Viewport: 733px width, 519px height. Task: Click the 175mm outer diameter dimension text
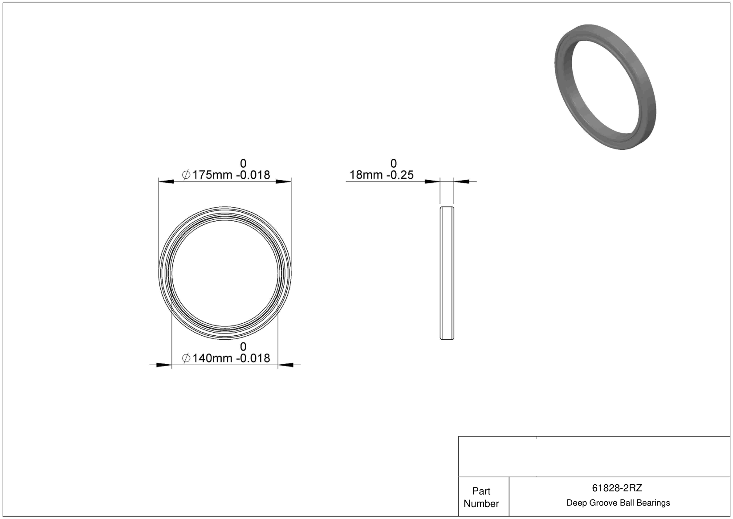tap(212, 175)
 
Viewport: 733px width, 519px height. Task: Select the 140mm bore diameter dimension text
tap(212, 358)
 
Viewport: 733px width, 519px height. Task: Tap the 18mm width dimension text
tap(366, 175)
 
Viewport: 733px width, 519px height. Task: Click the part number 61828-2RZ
tap(617, 488)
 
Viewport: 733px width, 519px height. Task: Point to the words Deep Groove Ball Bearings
tap(618, 503)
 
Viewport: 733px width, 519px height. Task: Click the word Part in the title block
tap(481, 491)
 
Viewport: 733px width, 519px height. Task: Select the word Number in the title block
tap(481, 503)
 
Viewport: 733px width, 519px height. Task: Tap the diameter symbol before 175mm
tap(186, 175)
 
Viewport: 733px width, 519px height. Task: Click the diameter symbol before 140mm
tap(186, 358)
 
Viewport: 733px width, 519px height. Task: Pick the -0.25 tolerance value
tap(400, 175)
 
